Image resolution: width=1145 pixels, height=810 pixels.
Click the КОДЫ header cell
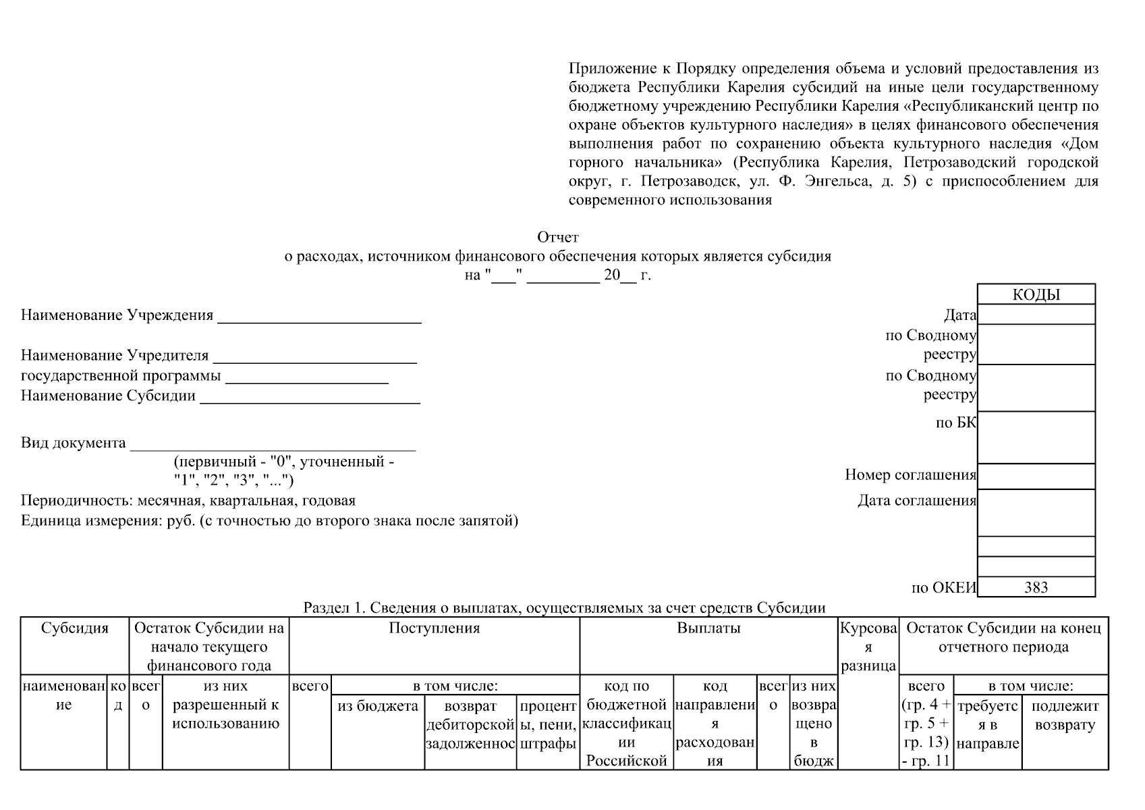tap(1036, 295)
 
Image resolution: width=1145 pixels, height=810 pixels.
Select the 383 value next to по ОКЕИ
tap(1036, 587)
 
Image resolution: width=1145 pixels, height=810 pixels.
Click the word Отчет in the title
tap(557, 238)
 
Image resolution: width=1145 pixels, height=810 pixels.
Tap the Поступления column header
tap(434, 628)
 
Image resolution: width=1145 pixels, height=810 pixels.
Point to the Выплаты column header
tap(708, 628)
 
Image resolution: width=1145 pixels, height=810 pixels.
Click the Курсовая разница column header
tap(868, 647)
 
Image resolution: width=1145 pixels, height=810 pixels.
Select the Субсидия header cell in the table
tap(74, 628)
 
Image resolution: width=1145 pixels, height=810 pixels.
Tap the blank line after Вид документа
tap(273, 445)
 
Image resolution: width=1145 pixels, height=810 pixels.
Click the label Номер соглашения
tap(910, 475)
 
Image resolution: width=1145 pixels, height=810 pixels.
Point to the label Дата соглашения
tap(916, 501)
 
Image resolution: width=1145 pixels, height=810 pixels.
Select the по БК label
tap(955, 423)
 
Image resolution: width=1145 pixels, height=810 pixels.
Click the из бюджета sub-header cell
tap(377, 707)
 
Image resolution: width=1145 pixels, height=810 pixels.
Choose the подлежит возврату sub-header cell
tap(1065, 715)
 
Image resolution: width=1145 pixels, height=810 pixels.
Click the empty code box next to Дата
tap(1036, 315)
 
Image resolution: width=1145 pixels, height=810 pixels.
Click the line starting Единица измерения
tap(269, 520)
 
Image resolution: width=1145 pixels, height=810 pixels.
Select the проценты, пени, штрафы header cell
tap(548, 725)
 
